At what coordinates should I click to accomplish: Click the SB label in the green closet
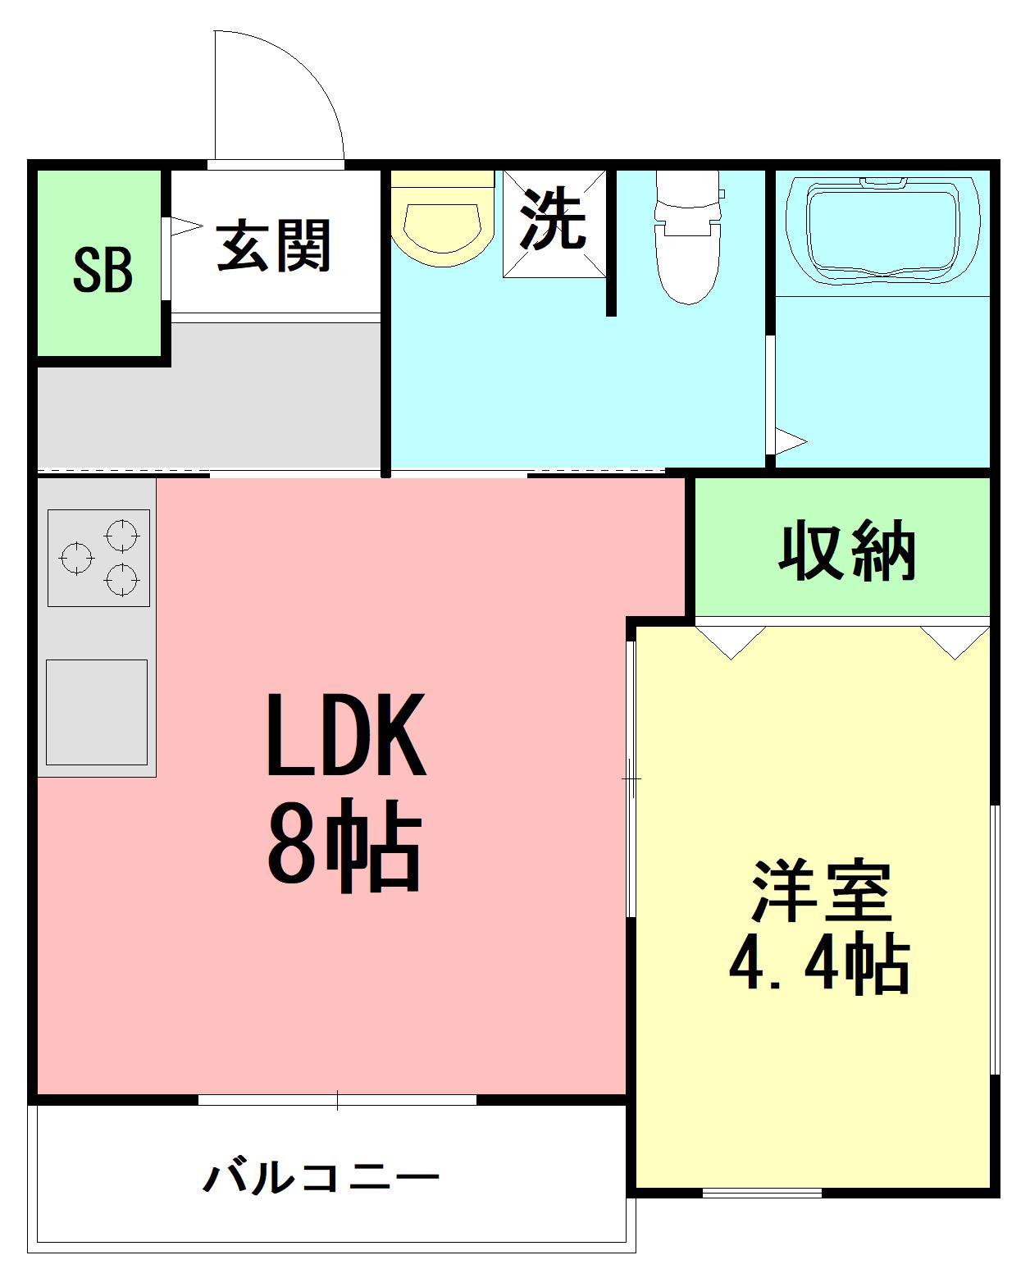click(103, 270)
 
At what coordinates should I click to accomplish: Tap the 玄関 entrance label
click(273, 245)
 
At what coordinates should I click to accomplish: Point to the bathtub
click(882, 227)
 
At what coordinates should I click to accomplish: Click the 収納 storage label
click(846, 550)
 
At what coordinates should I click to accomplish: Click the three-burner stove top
click(98, 558)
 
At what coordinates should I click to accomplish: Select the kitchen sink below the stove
click(97, 712)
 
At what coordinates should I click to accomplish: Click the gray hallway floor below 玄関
click(209, 394)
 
